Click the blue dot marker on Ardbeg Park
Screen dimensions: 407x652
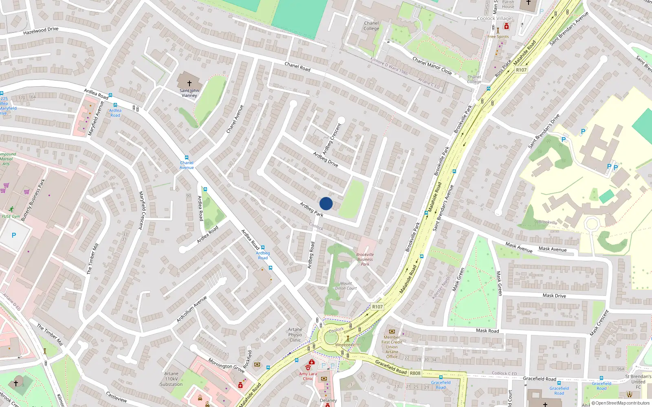click(x=326, y=203)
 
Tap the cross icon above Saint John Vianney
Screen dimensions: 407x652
click(x=189, y=83)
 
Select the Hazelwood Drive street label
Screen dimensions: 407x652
click(x=41, y=31)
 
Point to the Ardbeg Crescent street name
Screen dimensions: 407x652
click(x=332, y=138)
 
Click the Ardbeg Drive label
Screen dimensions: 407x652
click(x=326, y=159)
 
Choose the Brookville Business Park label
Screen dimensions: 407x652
click(x=365, y=259)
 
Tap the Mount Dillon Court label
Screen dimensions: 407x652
click(x=346, y=286)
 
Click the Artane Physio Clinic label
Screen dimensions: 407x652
click(x=295, y=335)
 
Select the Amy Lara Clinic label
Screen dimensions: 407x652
click(x=308, y=376)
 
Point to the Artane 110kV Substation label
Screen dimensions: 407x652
click(x=171, y=379)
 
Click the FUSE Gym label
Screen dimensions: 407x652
click(x=11, y=216)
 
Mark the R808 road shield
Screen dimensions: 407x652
click(x=415, y=373)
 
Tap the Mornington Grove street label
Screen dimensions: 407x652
click(x=226, y=365)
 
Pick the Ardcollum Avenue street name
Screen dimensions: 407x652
click(x=192, y=309)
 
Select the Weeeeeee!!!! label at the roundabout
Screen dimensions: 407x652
click(x=348, y=345)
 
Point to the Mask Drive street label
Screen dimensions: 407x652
click(x=554, y=295)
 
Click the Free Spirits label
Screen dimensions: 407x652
click(x=498, y=37)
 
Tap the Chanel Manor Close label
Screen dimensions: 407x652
click(x=432, y=66)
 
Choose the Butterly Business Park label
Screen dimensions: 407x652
click(x=33, y=200)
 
